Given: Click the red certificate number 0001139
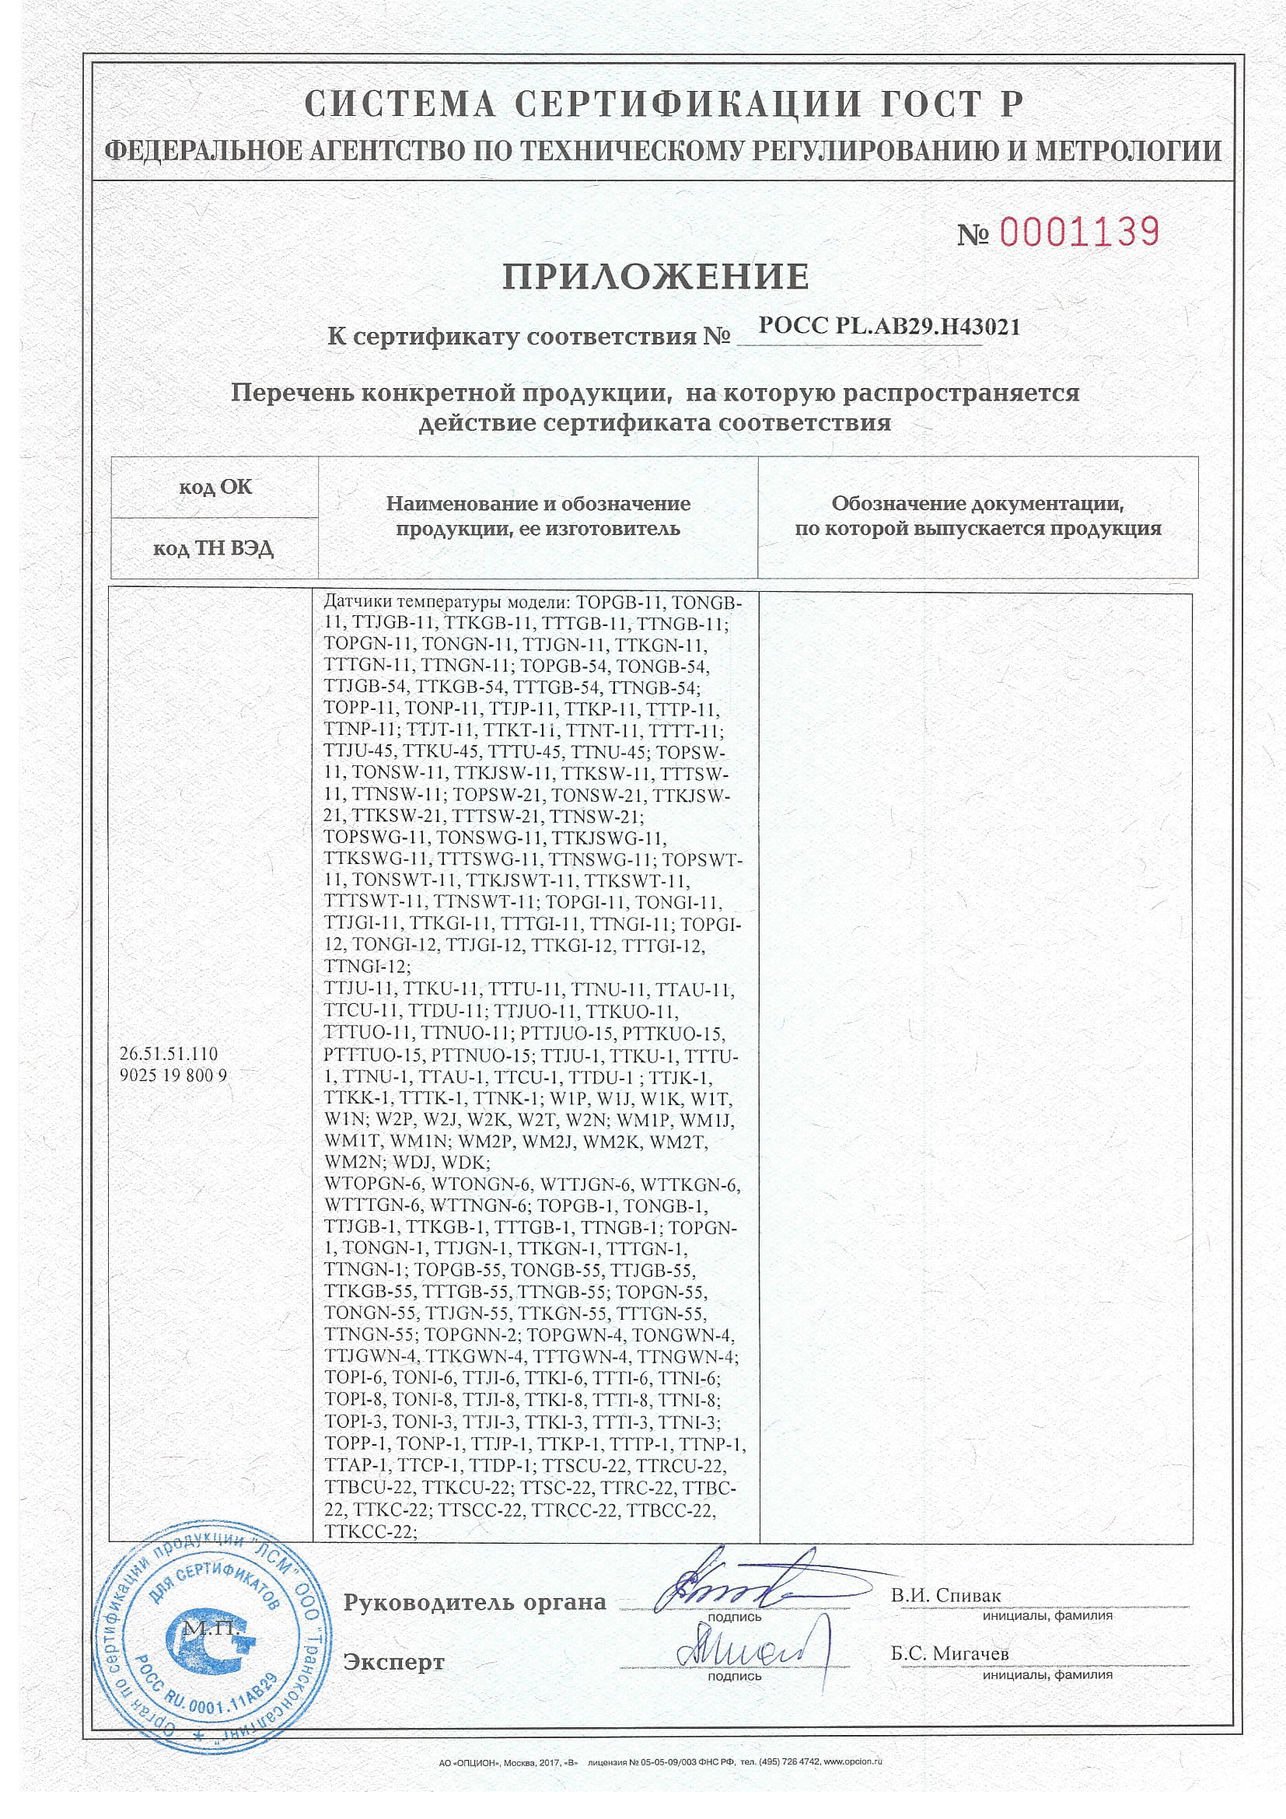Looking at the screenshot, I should [x=1080, y=231].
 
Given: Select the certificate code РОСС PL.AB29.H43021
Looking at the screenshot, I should [x=889, y=327].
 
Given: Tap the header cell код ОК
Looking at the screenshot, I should [x=215, y=486].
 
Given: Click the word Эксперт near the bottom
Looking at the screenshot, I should [x=393, y=1661].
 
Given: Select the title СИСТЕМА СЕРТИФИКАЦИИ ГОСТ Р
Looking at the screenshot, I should [x=664, y=104].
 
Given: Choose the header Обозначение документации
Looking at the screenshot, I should [x=978, y=503].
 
